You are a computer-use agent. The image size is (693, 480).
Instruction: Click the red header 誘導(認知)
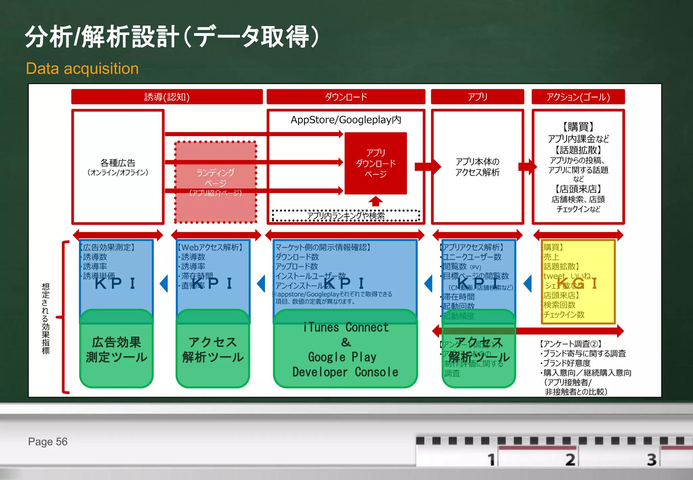(x=167, y=97)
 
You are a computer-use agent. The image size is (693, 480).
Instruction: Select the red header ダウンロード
(x=346, y=97)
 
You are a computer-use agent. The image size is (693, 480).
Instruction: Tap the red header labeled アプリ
(x=477, y=97)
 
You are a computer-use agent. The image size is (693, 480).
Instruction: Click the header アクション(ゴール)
(x=578, y=97)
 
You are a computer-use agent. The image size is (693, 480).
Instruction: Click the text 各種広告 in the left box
(x=118, y=163)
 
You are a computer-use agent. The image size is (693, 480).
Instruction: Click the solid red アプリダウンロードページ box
(x=376, y=163)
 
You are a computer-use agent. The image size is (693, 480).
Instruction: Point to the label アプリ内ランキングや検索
(x=345, y=216)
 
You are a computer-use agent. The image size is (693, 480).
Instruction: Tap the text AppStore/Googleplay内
(x=346, y=120)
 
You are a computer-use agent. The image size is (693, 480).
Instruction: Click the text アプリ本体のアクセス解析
(x=477, y=167)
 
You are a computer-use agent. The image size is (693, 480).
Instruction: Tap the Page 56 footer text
(x=48, y=442)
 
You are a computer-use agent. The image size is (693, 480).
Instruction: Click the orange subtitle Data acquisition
(x=82, y=69)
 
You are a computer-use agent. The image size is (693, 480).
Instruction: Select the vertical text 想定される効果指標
(x=45, y=318)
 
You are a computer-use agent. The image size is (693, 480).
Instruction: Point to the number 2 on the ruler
(x=570, y=459)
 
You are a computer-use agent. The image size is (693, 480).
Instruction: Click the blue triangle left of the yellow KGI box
(x=528, y=284)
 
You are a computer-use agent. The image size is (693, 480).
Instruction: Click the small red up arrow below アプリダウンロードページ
(x=376, y=201)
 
